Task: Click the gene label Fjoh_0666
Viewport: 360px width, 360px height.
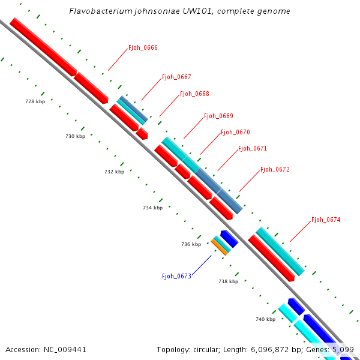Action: point(143,47)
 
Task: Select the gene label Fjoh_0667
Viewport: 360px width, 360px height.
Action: point(176,77)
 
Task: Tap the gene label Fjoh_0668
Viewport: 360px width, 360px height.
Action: point(194,94)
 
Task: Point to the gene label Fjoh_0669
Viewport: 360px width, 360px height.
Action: point(218,116)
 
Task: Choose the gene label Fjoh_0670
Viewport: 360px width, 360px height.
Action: point(235,132)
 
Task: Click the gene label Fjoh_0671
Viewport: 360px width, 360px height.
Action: point(253,148)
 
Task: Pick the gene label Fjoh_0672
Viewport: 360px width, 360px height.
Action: point(275,170)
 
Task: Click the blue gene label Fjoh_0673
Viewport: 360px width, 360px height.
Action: point(176,276)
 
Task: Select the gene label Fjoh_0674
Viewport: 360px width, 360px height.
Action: point(326,220)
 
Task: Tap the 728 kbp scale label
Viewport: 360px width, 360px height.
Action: point(35,102)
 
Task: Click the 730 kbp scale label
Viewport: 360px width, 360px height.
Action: point(75,137)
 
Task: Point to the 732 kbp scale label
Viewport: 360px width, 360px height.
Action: point(114,172)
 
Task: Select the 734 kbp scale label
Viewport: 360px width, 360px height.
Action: point(152,208)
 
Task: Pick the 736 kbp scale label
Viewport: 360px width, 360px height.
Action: point(191,245)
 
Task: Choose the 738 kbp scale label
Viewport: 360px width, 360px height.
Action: point(228,281)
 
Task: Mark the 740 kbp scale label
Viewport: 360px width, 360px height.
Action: point(265,320)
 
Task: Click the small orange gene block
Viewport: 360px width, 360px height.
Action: point(220,247)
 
